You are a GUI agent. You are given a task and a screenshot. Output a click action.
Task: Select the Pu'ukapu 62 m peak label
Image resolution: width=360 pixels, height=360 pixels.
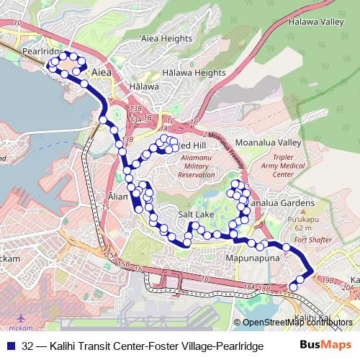pyautogui.click(x=304, y=222)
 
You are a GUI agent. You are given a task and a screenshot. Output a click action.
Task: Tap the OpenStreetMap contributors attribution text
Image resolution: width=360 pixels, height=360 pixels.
pyautogui.click(x=299, y=323)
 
